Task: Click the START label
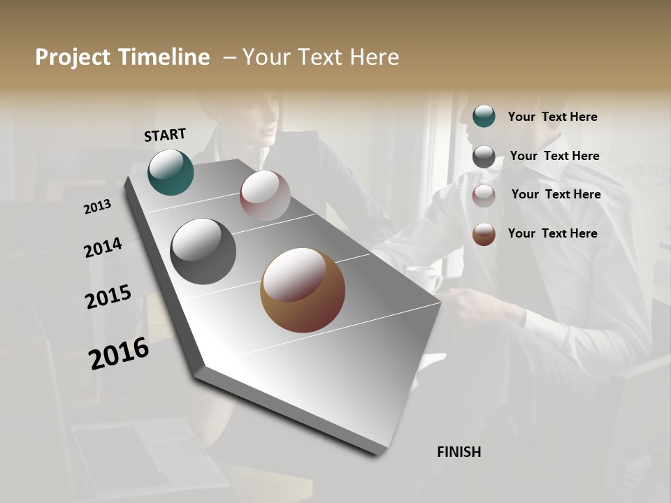click(165, 135)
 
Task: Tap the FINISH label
click(459, 452)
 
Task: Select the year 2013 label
click(98, 207)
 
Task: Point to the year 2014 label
click(103, 247)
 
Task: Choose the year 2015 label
click(108, 297)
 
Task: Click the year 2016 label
click(119, 353)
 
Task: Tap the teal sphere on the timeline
click(171, 172)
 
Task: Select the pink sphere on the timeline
click(265, 196)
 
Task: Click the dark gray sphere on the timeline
click(203, 251)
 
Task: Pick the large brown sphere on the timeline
click(303, 290)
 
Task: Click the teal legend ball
click(484, 116)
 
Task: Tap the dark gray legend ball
click(484, 156)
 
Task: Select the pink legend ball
click(484, 196)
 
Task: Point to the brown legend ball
click(484, 234)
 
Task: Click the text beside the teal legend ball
click(552, 117)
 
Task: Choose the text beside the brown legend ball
click(552, 233)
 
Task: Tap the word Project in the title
click(72, 57)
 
